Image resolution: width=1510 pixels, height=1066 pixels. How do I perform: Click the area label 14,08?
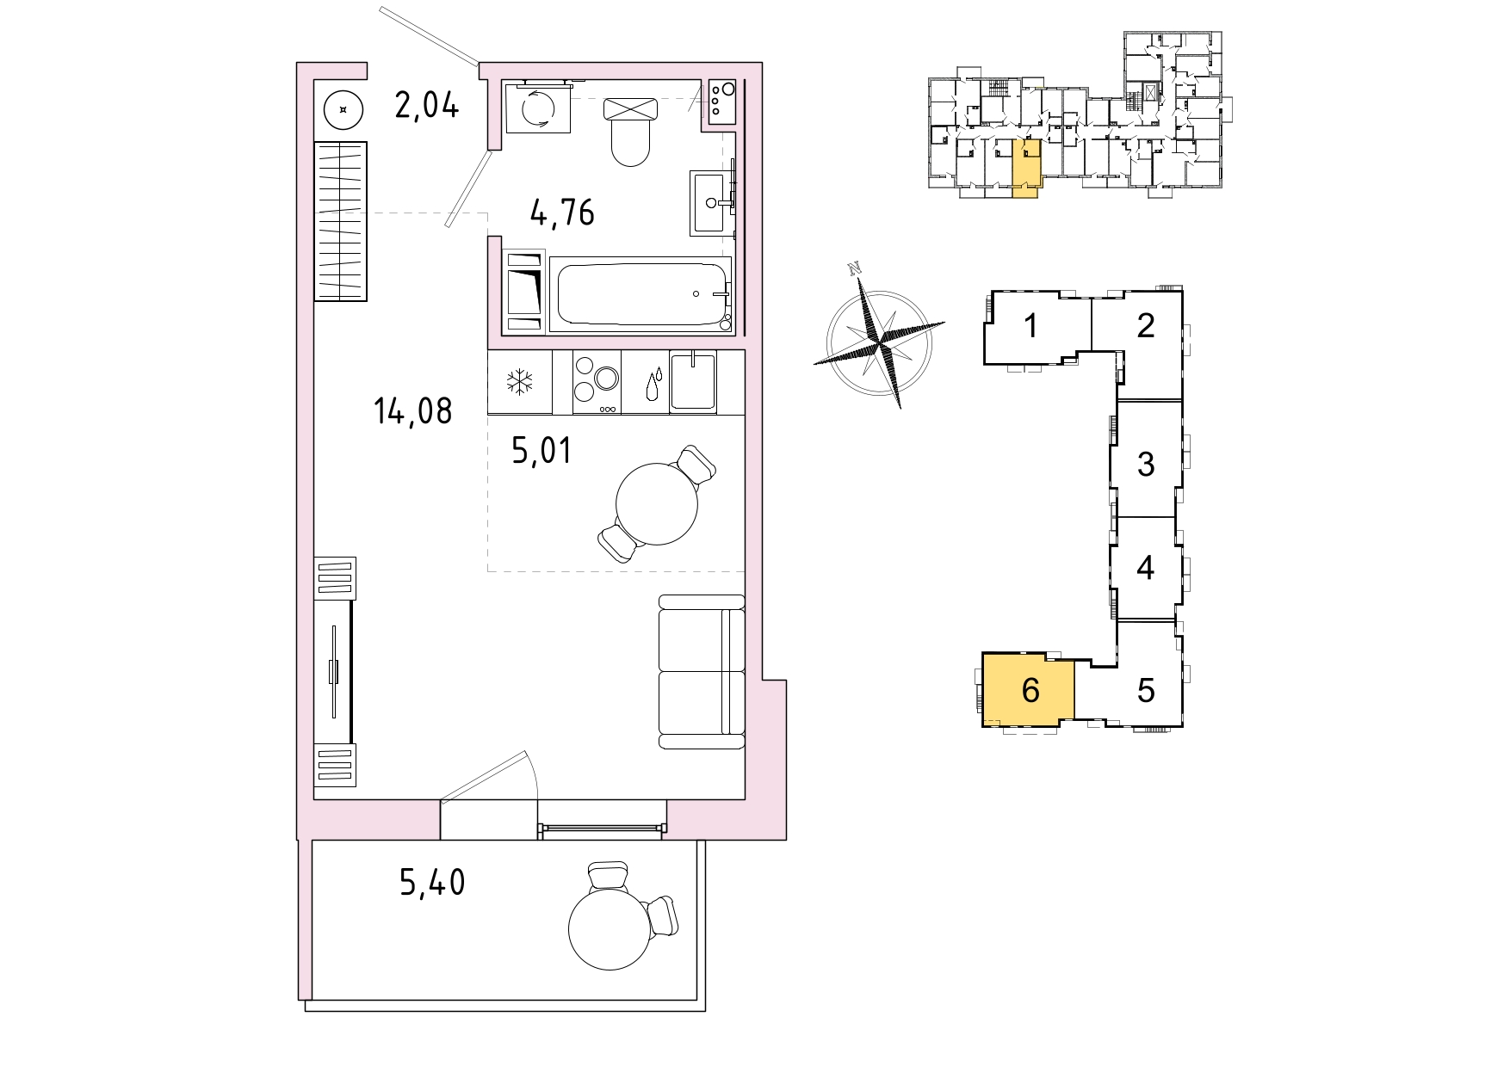click(413, 411)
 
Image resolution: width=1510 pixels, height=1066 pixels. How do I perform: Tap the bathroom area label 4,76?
click(562, 213)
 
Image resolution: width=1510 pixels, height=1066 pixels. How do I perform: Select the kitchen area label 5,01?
click(541, 450)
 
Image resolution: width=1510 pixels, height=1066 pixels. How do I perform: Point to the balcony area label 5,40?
click(432, 883)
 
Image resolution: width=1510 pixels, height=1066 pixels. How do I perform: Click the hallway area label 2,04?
click(427, 105)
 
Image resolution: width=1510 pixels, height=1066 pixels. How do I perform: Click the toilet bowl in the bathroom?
click(630, 132)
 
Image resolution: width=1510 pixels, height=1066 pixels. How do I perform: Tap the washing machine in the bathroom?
click(538, 108)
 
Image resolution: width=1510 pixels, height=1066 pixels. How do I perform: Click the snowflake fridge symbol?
click(519, 381)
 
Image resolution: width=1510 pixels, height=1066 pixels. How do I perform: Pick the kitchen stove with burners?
click(597, 382)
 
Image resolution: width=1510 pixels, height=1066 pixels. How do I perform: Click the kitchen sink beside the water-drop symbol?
click(692, 381)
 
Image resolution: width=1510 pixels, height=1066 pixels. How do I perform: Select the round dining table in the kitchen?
click(657, 504)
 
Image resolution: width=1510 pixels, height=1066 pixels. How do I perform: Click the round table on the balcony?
click(610, 928)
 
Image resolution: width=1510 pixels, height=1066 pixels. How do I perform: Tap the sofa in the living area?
click(702, 672)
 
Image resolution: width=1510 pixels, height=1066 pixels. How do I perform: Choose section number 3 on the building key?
click(1146, 464)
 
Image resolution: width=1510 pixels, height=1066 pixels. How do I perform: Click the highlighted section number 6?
click(1030, 690)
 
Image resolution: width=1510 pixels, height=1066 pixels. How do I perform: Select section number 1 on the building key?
click(1031, 326)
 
